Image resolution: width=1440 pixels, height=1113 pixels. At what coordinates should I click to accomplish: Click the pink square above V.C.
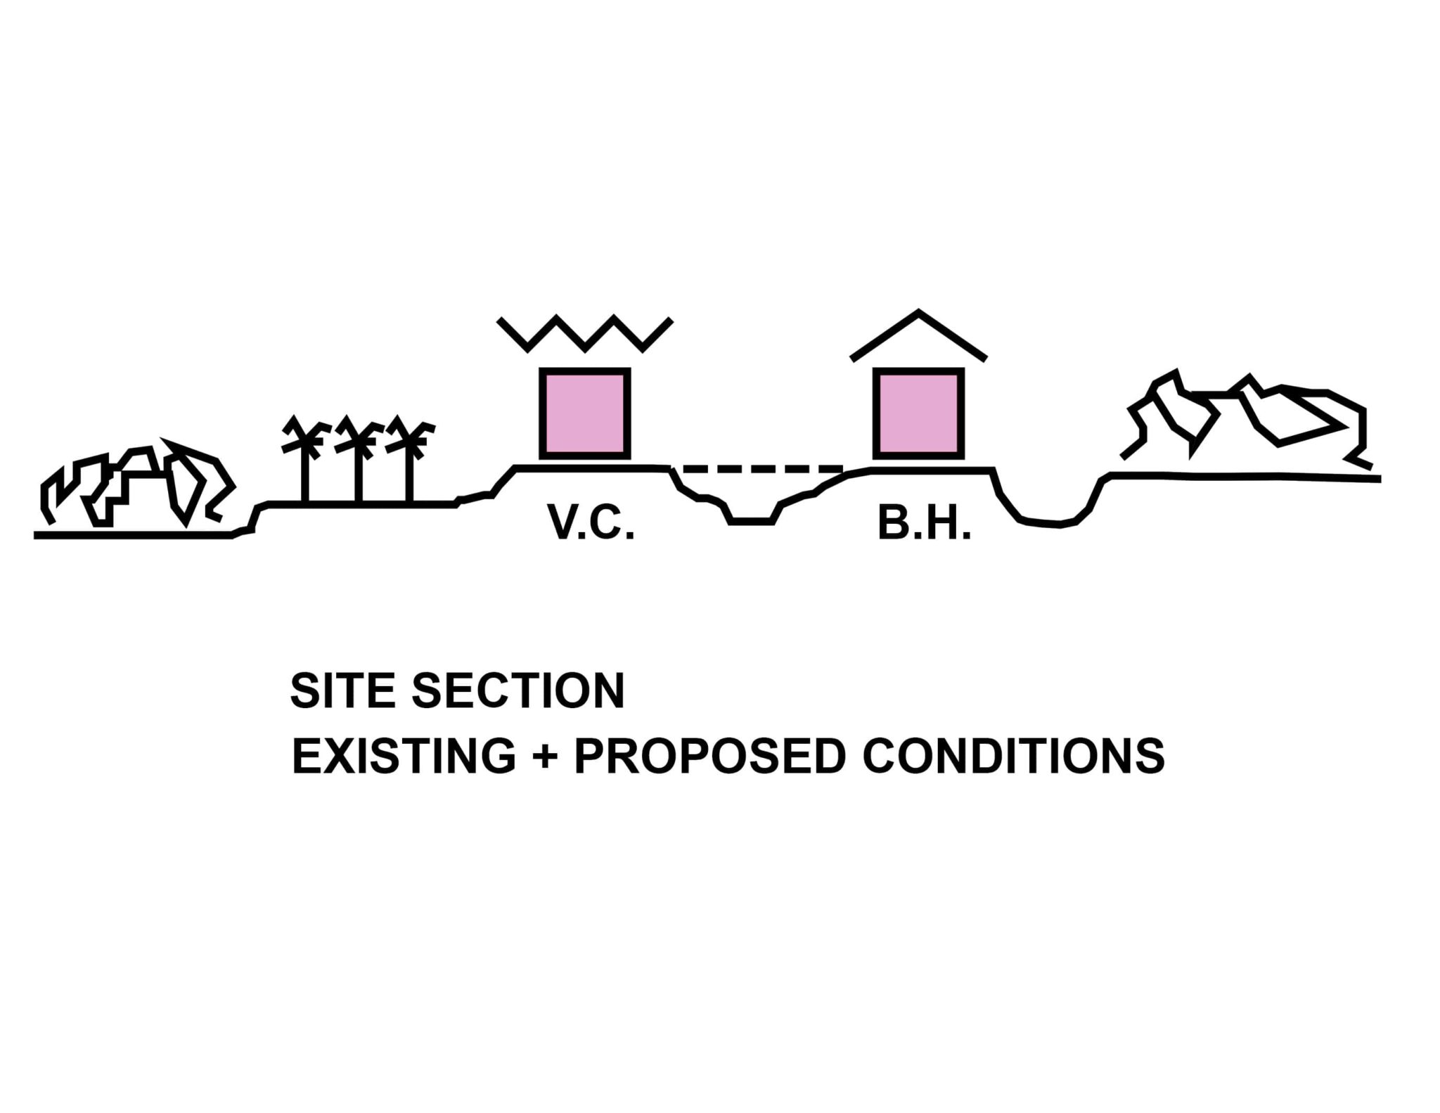coord(584,413)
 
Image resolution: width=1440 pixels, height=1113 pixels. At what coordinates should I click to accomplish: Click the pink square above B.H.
coord(918,413)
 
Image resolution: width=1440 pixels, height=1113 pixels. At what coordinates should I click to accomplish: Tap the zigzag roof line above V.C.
coord(585,333)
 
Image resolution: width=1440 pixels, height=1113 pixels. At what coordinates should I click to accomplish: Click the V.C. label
coord(591,522)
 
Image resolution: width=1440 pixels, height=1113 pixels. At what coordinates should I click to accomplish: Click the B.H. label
coord(924,522)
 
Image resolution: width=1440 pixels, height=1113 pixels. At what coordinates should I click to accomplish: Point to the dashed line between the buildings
coord(762,468)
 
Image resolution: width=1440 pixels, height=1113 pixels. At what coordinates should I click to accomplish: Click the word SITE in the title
coord(344,690)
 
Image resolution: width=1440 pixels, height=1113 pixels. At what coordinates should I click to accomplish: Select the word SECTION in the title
coord(518,690)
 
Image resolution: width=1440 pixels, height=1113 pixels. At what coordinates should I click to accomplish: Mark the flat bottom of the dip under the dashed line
coord(752,521)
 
